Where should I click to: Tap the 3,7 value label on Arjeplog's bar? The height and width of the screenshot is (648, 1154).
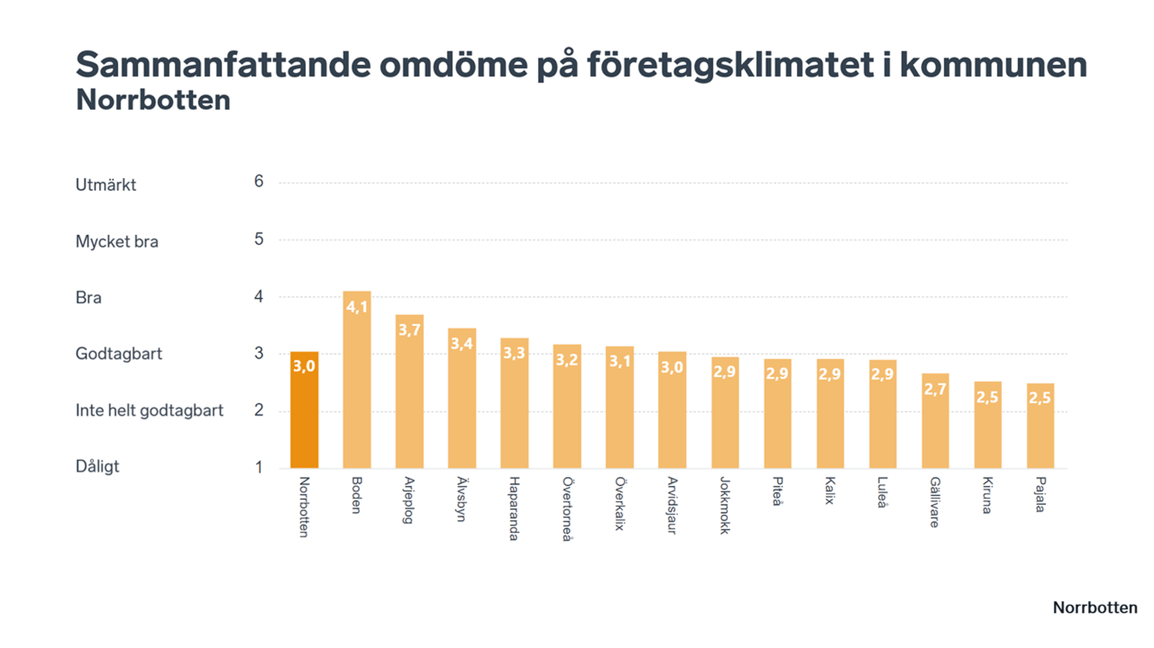coord(409,330)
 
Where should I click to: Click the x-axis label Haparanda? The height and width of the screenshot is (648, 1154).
coord(514,508)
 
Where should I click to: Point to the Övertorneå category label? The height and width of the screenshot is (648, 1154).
coord(567,509)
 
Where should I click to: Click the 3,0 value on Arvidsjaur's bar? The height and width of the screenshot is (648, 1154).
coord(672,367)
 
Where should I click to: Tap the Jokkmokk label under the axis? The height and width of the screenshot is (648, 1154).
coord(725,505)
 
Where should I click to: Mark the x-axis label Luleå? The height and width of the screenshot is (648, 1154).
coord(882,492)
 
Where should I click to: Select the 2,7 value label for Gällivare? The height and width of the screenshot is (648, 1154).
coord(935,389)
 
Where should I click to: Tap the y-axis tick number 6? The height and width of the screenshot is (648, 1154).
coord(258,181)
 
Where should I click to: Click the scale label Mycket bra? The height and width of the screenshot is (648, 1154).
coord(117,241)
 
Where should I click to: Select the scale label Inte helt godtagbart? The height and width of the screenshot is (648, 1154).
coord(149,410)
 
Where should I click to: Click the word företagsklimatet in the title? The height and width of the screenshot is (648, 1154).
coord(730,65)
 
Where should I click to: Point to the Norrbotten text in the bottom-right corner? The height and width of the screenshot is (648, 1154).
coord(1094,608)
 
